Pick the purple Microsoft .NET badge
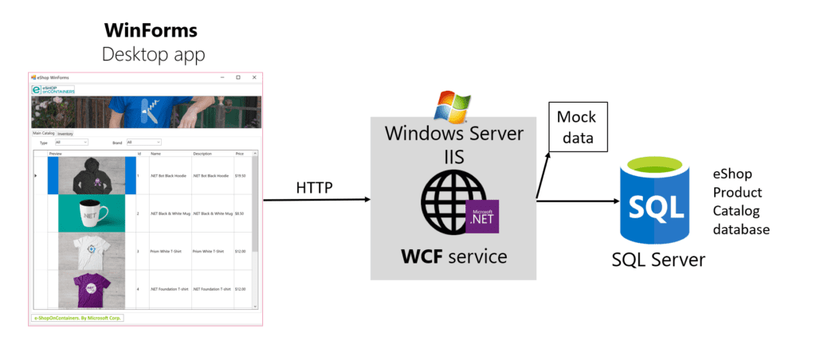coord(482,216)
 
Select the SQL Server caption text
coord(658,260)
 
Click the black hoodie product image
coord(92,175)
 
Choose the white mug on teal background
coord(92,213)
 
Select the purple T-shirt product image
coord(92,288)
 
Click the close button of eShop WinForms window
coord(254,77)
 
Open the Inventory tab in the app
coord(65,134)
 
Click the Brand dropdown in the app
coord(143,142)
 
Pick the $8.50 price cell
coord(240,213)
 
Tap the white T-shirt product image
coord(92,251)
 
